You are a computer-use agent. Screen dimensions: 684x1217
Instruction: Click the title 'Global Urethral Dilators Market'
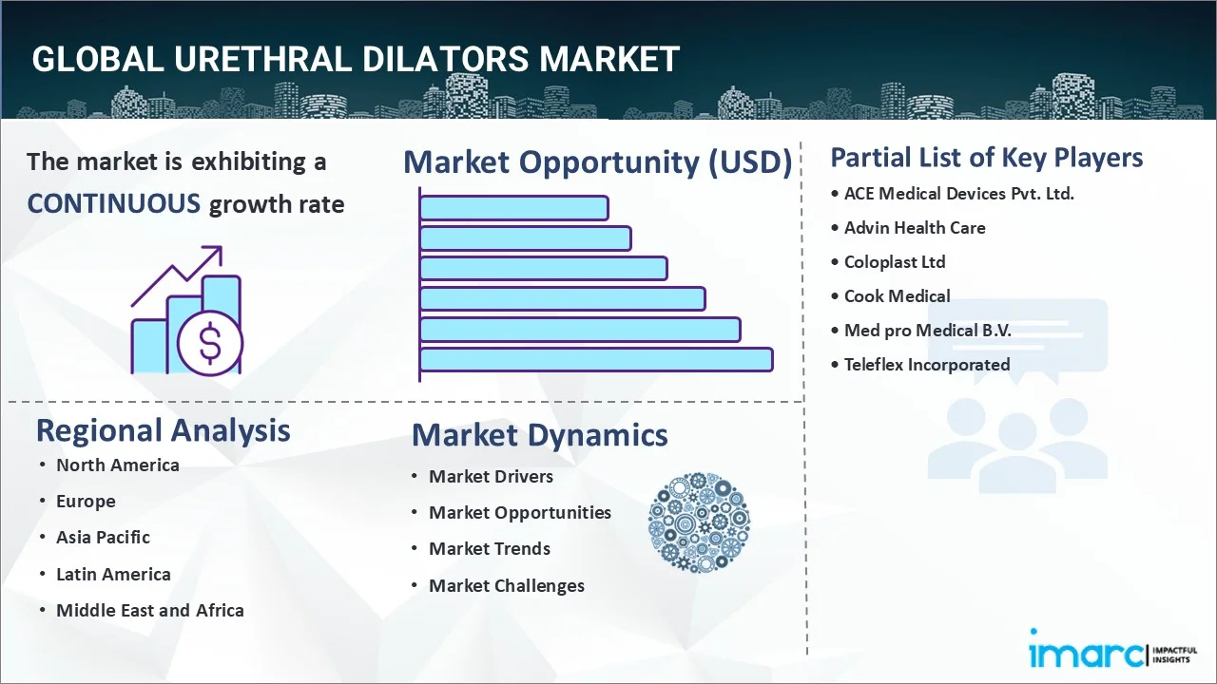pos(355,59)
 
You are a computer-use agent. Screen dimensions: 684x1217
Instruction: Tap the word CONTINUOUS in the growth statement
pos(113,203)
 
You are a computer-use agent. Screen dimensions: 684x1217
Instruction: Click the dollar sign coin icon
pos(210,343)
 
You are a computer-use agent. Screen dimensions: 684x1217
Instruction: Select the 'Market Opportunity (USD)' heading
pos(597,162)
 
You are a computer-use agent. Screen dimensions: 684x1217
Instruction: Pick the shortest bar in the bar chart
pos(513,207)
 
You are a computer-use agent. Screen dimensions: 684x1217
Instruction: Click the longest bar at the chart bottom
pos(596,359)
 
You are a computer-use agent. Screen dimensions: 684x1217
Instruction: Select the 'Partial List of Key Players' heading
pos(986,157)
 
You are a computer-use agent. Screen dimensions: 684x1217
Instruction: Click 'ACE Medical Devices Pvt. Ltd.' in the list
pos(958,194)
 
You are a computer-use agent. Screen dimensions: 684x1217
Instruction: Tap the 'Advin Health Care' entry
pos(915,228)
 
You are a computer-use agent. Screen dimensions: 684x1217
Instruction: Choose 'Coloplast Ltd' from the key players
pos(894,262)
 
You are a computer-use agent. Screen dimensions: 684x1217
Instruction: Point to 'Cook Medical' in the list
pos(897,296)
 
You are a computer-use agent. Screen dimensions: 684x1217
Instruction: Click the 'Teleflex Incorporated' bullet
pos(926,365)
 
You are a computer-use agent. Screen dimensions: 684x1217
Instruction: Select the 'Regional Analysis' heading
pos(163,430)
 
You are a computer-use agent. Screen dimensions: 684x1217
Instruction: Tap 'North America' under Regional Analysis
pos(117,465)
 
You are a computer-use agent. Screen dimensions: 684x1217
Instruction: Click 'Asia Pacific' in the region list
pos(103,538)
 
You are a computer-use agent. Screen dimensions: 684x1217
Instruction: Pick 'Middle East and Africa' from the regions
pos(149,611)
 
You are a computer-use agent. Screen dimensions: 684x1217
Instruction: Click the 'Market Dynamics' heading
pos(539,435)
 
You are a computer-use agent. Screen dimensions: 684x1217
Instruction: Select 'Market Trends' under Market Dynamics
pos(489,549)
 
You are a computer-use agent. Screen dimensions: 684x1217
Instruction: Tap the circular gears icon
pos(699,522)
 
